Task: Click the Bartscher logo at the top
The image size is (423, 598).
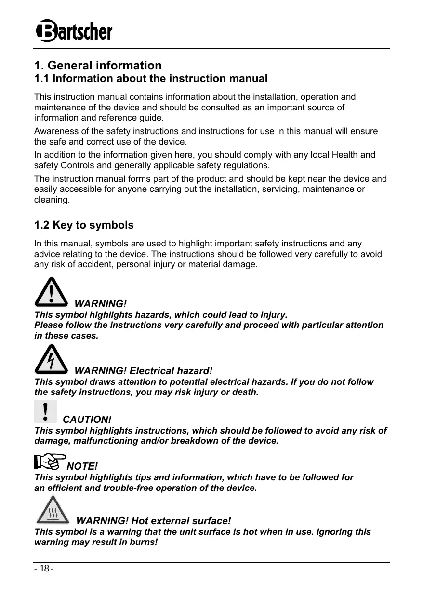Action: (74, 32)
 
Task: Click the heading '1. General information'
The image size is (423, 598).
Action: (98, 65)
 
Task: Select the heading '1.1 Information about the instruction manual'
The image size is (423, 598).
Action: (150, 78)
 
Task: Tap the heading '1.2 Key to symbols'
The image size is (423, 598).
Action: (84, 225)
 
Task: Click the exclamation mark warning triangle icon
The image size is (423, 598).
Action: (51, 292)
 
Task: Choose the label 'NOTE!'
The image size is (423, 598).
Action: (82, 466)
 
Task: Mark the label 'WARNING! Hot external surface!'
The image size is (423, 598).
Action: (154, 521)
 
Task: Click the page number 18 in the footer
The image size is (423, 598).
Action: (43, 569)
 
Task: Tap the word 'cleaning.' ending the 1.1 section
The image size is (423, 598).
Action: (52, 199)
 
